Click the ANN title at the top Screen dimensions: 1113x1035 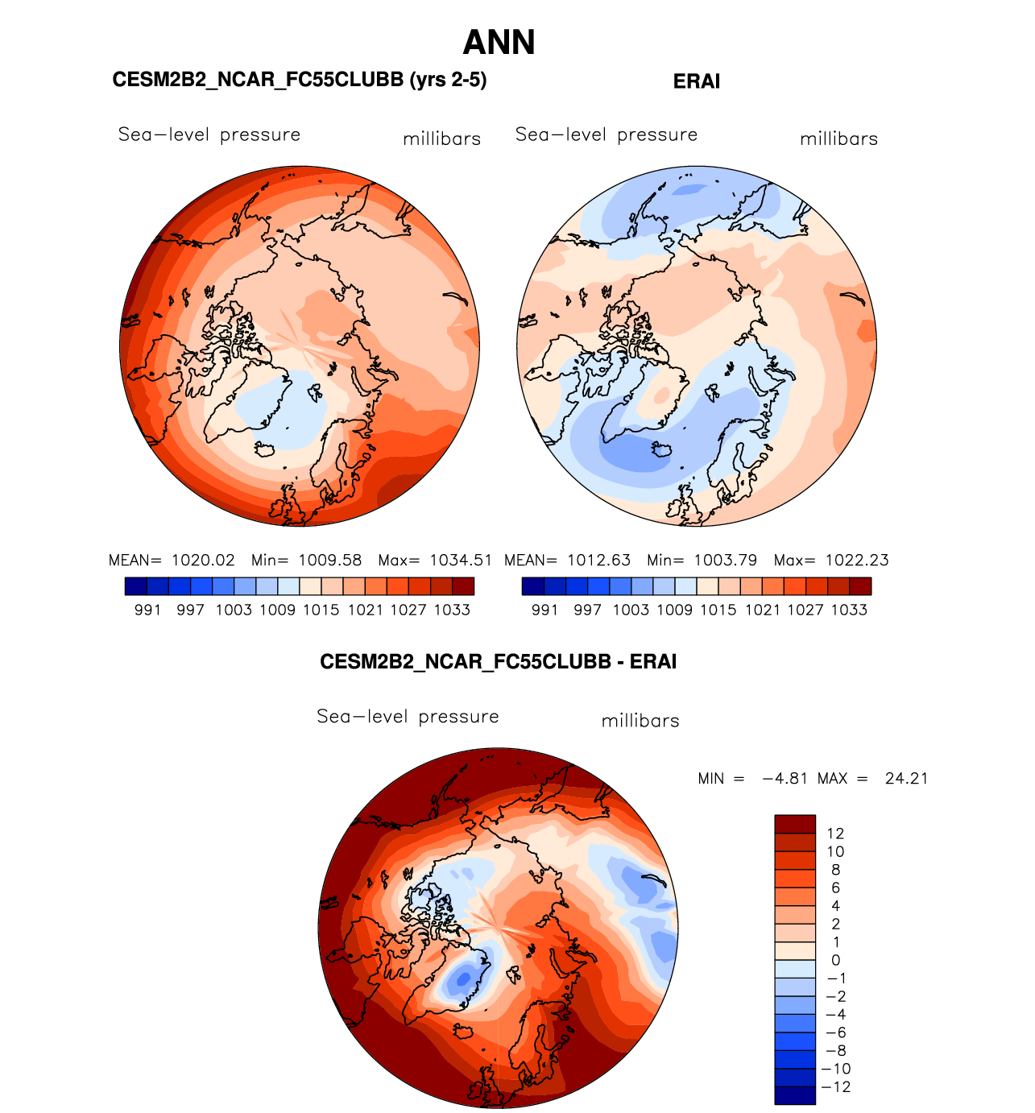(x=499, y=43)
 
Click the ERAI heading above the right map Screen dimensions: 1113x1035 (x=696, y=81)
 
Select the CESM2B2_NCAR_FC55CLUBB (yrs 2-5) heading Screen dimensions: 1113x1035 (x=300, y=80)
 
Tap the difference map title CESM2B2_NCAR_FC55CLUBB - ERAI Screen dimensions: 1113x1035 (x=498, y=662)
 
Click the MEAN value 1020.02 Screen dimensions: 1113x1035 (x=203, y=561)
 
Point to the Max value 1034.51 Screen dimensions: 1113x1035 (x=460, y=561)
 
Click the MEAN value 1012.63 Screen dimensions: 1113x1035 (x=598, y=561)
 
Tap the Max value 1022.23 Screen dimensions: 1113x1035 (x=857, y=561)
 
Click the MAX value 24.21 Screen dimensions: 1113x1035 (x=906, y=779)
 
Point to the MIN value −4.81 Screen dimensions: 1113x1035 (x=785, y=779)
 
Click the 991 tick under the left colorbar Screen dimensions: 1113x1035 (x=148, y=610)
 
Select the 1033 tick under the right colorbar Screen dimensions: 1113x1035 (x=849, y=610)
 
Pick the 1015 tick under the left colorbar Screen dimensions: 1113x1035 (x=321, y=610)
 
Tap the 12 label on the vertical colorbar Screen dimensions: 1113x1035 (x=835, y=834)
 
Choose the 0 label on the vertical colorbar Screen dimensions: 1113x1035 (x=835, y=960)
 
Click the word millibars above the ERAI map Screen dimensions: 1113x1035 (x=838, y=139)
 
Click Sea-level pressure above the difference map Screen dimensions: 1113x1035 (x=408, y=717)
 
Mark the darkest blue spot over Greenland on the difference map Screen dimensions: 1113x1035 (x=462, y=979)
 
